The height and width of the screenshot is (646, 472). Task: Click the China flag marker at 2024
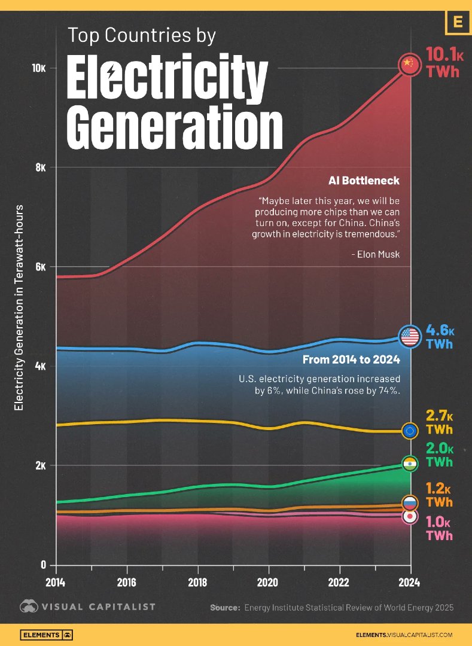[x=409, y=64]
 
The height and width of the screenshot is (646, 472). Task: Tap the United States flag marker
[x=410, y=337]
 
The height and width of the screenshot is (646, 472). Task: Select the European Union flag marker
[x=410, y=431]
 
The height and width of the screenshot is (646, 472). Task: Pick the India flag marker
[x=410, y=464]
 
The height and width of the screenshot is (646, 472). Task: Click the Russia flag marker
[x=410, y=503]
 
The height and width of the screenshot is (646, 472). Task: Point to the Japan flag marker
[x=410, y=517]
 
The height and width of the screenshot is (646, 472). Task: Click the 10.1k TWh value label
[x=444, y=63]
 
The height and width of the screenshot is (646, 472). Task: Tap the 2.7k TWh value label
[x=439, y=422]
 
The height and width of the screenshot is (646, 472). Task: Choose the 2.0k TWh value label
[x=439, y=455]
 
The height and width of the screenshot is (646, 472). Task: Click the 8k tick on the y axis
[x=40, y=167]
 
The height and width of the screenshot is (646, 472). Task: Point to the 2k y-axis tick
[x=40, y=465]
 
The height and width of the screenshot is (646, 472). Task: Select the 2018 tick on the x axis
[x=198, y=581]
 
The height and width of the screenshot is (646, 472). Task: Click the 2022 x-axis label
[x=339, y=581]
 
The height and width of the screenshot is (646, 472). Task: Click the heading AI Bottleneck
[x=363, y=180]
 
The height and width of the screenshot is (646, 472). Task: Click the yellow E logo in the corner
[x=458, y=23]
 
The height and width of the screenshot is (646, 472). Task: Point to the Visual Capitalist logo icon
[x=29, y=607]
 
